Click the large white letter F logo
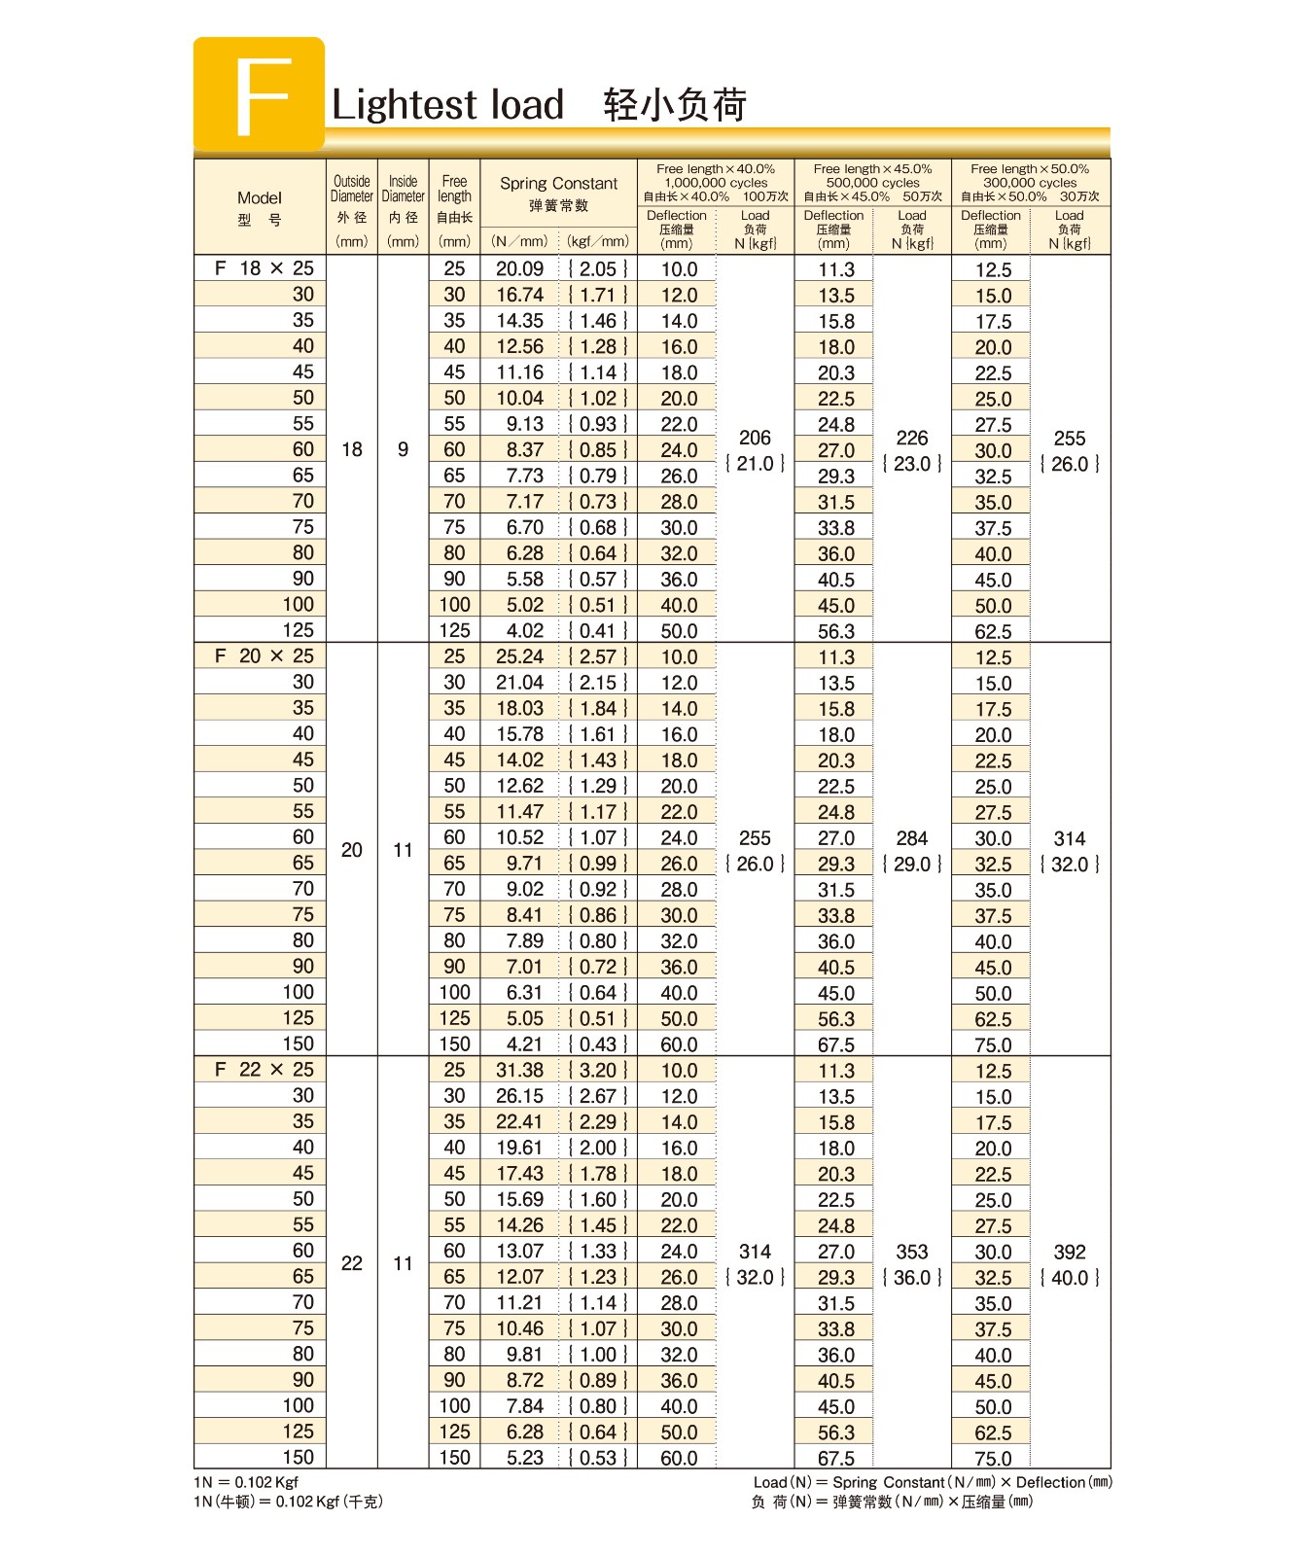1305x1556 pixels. [261, 95]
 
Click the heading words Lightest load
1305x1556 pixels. [447, 105]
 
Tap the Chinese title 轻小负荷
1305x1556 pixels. [675, 105]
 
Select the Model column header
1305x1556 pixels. [260, 198]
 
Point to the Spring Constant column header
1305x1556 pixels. [558, 184]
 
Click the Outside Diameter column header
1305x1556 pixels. [352, 189]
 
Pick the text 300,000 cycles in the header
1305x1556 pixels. [1030, 183]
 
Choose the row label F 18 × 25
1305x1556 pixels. [264, 268]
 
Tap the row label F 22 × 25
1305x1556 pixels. [264, 1070]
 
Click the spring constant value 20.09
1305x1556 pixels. [520, 269]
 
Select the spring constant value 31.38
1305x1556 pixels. [520, 1071]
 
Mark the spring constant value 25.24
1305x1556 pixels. [520, 657]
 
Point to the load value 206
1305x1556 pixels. [755, 439]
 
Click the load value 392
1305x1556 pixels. [1070, 1253]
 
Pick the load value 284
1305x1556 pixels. [912, 838]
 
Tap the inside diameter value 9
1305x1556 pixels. [403, 449]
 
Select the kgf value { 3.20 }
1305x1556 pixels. [598, 1071]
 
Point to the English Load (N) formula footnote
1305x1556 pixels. [933, 1482]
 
